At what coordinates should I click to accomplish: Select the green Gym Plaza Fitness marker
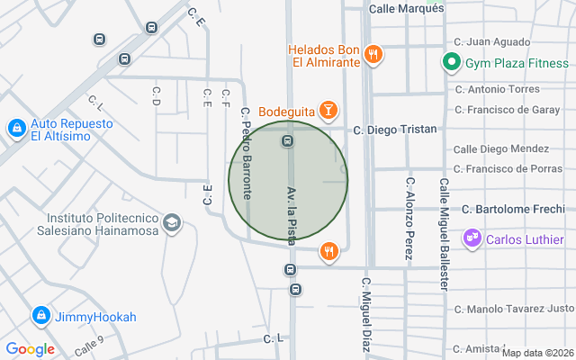tap(452, 63)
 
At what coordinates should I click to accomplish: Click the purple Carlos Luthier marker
tap(471, 238)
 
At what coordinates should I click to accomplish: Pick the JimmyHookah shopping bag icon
tap(40, 316)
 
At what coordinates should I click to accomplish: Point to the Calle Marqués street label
tap(407, 9)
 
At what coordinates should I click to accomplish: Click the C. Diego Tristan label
tap(394, 130)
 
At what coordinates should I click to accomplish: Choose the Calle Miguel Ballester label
tap(444, 232)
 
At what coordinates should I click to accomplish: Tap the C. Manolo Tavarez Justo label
tap(514, 310)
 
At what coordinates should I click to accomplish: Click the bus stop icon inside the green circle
tap(287, 140)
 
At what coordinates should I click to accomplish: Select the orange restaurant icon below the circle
tap(330, 251)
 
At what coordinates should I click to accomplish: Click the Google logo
tap(30, 349)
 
